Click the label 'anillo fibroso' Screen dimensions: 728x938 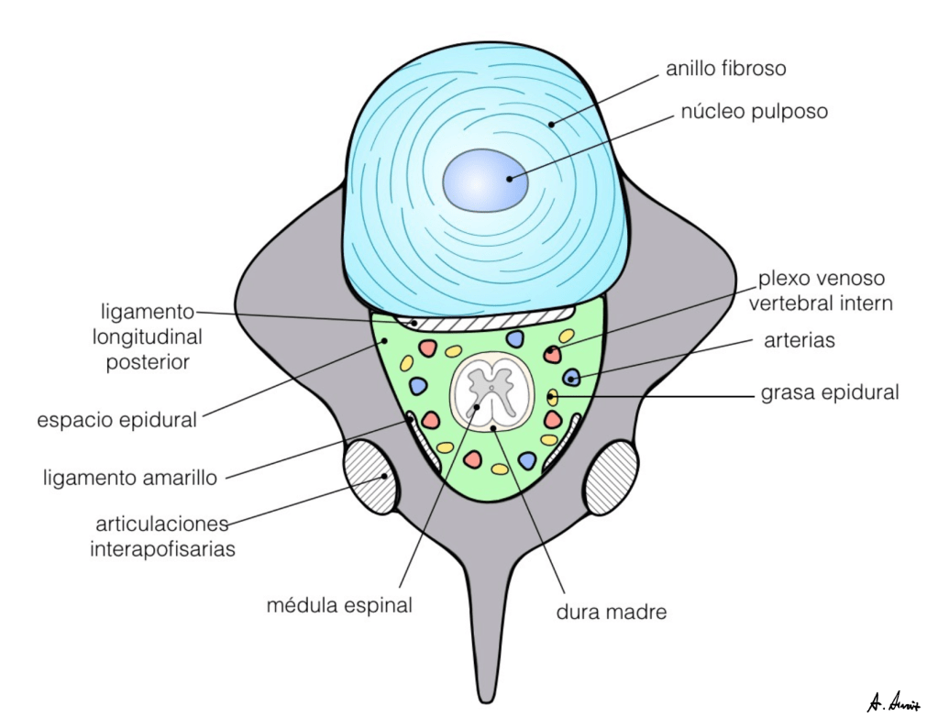(x=726, y=69)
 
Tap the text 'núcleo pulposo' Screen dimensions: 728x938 (x=754, y=112)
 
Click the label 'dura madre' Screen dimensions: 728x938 (x=611, y=612)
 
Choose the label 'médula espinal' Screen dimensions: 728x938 (x=339, y=605)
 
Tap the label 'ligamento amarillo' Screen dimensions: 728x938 (x=129, y=478)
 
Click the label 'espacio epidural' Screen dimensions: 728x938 (x=117, y=421)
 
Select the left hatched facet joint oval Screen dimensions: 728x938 (x=370, y=475)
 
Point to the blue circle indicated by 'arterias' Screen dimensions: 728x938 (x=571, y=377)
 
